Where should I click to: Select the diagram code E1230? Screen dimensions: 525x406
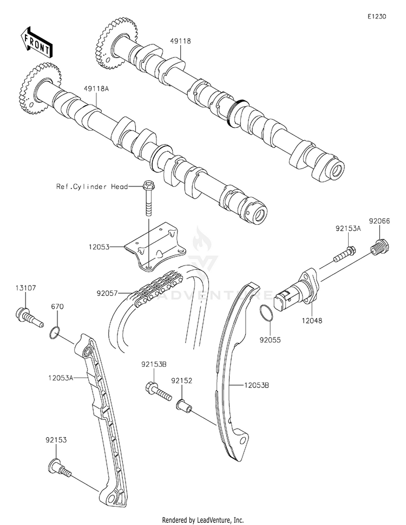(377, 17)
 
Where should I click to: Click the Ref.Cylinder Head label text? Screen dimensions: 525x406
(92, 187)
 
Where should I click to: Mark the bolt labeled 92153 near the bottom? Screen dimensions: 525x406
(60, 466)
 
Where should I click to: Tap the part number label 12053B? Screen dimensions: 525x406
(259, 386)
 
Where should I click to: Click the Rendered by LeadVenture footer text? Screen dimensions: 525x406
(203, 520)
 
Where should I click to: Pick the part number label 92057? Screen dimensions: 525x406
(107, 293)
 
